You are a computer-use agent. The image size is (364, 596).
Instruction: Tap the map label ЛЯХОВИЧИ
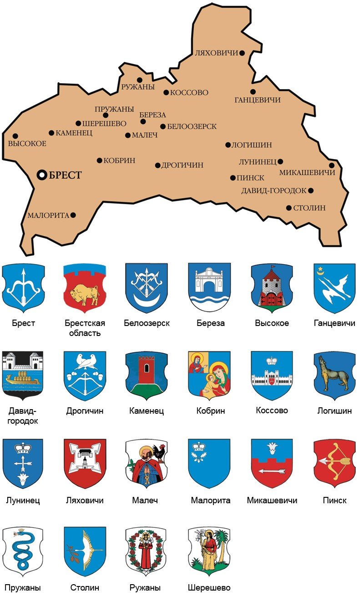pos(216,53)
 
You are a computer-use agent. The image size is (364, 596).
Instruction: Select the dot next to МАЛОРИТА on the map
pos(73,215)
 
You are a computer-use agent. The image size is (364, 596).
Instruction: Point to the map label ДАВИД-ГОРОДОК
pos(273,190)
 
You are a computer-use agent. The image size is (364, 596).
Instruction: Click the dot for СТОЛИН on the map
pos(288,208)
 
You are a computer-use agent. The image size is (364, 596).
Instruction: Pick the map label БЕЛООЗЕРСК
pos(192,126)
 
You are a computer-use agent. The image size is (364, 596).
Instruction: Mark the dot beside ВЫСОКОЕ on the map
pos(15,136)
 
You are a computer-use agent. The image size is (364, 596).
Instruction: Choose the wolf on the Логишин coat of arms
pos(335,376)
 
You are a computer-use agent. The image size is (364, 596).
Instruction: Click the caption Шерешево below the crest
pos(209,588)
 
